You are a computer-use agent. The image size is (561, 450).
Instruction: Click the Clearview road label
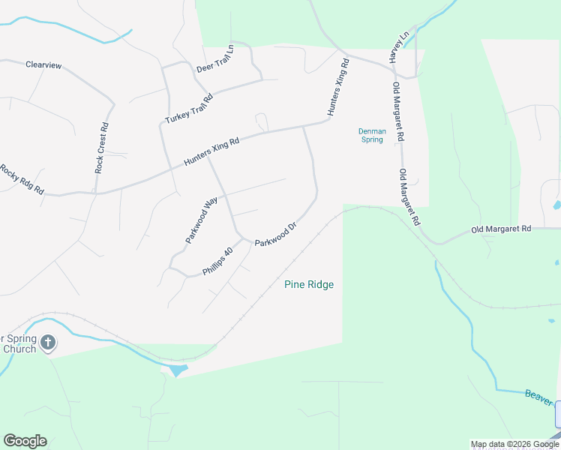[43, 65]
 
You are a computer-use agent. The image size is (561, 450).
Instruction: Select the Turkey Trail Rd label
[190, 109]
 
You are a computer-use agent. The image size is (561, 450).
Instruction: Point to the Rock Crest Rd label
[103, 148]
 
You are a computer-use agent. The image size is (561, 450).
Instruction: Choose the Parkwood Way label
[201, 219]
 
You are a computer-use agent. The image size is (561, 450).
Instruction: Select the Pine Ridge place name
[309, 284]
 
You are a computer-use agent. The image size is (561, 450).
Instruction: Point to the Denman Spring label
[372, 135]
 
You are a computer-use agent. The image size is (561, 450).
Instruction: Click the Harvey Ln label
[397, 46]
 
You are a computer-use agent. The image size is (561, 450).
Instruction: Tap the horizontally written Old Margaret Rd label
[501, 229]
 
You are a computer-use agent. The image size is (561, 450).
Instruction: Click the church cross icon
[47, 343]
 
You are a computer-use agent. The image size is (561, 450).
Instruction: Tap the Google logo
[25, 441]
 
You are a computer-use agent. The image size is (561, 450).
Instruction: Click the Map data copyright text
[514, 444]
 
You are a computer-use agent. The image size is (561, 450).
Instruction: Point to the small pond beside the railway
[177, 370]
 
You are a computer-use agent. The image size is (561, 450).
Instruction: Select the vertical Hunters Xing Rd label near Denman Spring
[337, 88]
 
